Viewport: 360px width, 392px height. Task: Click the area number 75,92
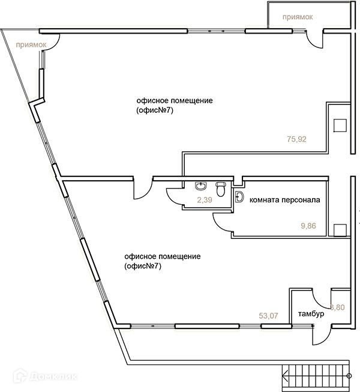[296, 139]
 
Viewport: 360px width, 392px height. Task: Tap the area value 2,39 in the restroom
[204, 200]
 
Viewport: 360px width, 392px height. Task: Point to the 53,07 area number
[269, 315]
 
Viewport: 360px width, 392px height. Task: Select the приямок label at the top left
[32, 44]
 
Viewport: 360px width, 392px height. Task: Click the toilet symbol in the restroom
[221, 189]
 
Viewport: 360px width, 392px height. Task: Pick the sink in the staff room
[240, 196]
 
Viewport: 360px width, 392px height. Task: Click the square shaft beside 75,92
[340, 124]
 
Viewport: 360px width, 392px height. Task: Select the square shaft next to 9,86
[340, 229]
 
